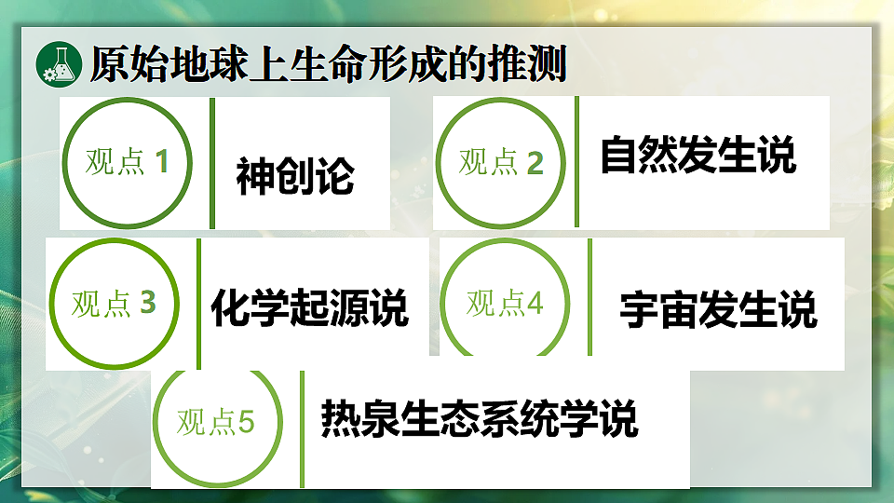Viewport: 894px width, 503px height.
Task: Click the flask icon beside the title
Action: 59,63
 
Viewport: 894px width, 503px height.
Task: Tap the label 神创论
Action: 295,176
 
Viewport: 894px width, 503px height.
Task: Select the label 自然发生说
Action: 698,156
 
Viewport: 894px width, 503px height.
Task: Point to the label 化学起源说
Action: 309,306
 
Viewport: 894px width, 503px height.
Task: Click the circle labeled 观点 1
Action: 127,162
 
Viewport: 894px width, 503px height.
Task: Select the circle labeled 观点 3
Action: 113,304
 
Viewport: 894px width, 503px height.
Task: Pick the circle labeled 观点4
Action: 505,304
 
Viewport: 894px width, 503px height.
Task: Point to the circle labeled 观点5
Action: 216,422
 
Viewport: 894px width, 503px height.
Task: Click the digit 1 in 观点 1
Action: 162,162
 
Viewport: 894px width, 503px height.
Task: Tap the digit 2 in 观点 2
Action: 535,163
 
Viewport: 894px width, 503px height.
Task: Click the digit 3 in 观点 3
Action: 148,303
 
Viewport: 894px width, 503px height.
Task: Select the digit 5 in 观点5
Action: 246,422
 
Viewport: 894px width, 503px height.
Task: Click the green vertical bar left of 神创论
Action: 212,163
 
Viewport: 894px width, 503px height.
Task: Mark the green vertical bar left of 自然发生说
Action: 576,161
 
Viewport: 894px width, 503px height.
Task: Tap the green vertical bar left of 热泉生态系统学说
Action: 302,428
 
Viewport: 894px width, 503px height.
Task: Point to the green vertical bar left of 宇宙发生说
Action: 589,297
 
